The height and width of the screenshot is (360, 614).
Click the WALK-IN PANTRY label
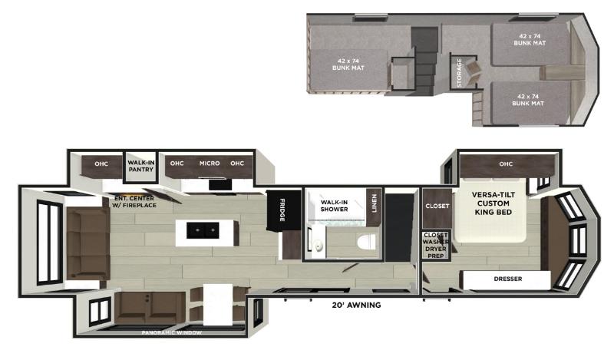click(x=141, y=166)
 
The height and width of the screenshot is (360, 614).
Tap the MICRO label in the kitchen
click(x=210, y=163)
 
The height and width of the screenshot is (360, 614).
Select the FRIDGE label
click(x=282, y=210)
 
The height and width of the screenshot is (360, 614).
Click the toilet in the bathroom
click(x=366, y=241)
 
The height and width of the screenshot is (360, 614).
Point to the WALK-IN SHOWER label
click(x=334, y=206)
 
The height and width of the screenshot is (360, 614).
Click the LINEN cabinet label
click(x=374, y=203)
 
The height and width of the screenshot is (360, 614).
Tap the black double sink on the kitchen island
click(x=203, y=231)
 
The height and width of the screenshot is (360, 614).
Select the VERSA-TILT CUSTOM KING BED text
click(x=493, y=203)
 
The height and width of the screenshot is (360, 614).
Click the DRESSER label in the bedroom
click(x=508, y=279)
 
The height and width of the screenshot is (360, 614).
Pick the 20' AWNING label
click(x=356, y=305)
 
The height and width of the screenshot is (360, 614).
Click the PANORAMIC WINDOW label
click(x=171, y=333)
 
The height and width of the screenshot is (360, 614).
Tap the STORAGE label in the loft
click(x=459, y=72)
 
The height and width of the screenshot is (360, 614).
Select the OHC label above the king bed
click(x=506, y=163)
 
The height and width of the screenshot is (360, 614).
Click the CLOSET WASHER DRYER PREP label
click(x=435, y=245)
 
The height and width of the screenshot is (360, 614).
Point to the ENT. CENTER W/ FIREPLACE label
click(x=134, y=202)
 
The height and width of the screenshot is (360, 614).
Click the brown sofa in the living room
click(x=88, y=243)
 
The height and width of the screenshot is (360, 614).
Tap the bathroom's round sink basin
click(x=319, y=246)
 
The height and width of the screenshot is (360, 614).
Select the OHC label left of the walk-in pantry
click(x=101, y=163)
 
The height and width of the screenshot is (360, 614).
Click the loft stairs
click(x=424, y=61)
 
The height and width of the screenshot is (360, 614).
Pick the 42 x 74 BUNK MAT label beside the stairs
click(x=348, y=64)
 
